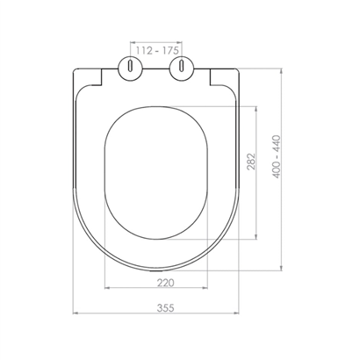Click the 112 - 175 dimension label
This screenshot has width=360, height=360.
[x=157, y=51]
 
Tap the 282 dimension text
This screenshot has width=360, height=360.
[x=252, y=162]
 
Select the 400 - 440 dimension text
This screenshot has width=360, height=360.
[x=277, y=156]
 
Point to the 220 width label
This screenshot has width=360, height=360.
[x=166, y=283]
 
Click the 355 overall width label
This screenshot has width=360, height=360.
[x=166, y=308]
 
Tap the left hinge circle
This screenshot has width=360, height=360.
[x=130, y=68]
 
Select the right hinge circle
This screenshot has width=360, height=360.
[x=182, y=68]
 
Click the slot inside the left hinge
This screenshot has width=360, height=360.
[x=130, y=66]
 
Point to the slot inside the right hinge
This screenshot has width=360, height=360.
[x=182, y=66]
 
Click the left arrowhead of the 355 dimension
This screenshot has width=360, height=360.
[x=75, y=313]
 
